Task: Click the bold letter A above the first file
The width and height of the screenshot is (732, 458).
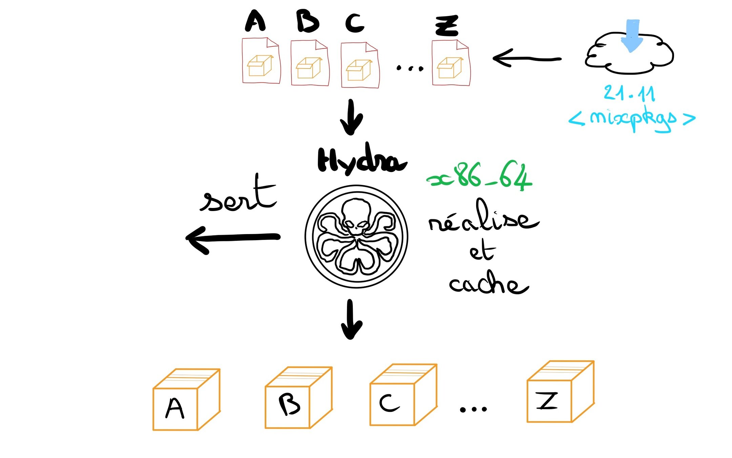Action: tap(255, 21)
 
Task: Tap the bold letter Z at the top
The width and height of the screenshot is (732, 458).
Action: tap(447, 26)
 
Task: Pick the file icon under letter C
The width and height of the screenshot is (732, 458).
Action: tap(360, 65)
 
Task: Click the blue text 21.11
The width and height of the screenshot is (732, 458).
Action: tap(629, 93)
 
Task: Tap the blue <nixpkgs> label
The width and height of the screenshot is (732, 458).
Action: tap(632, 119)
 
